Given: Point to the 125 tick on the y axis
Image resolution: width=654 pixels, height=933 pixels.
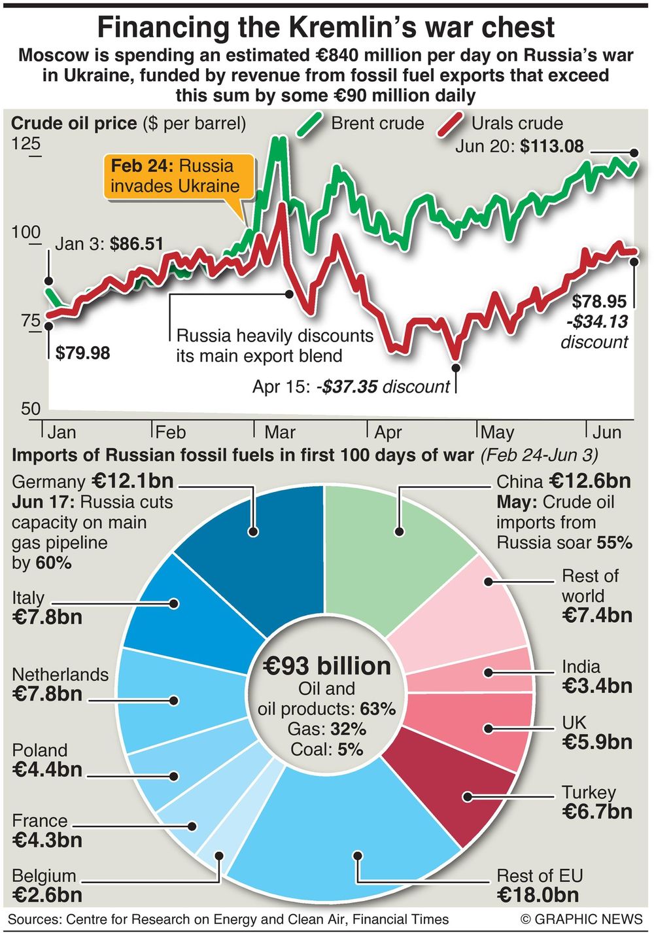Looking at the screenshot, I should pyautogui.click(x=26, y=144).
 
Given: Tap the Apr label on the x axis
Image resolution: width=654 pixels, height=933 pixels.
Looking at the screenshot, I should pyautogui.click(x=388, y=432).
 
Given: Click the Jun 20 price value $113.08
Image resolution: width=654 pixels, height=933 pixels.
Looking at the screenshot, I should pyautogui.click(x=551, y=146).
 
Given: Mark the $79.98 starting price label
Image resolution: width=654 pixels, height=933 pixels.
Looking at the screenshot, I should pyautogui.click(x=82, y=353).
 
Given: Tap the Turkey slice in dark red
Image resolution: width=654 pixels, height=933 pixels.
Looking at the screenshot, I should pyautogui.click(x=458, y=785).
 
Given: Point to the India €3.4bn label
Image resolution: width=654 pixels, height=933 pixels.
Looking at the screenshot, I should pyautogui.click(x=596, y=677).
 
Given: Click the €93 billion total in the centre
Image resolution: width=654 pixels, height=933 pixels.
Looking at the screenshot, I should pyautogui.click(x=326, y=666).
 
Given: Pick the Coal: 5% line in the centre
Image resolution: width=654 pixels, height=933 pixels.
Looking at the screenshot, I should pyautogui.click(x=326, y=749).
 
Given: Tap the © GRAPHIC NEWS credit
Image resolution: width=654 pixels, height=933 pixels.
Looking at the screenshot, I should pyautogui.click(x=581, y=919).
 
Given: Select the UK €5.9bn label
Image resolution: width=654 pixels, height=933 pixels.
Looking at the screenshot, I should pyautogui.click(x=596, y=733).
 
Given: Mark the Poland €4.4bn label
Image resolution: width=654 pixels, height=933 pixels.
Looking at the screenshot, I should pyautogui.click(x=47, y=760).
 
